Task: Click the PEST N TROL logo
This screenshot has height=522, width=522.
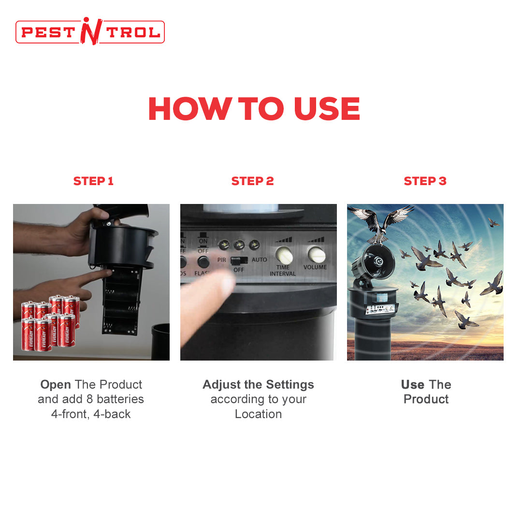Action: point(90,31)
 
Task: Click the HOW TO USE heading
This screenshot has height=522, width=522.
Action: point(254,109)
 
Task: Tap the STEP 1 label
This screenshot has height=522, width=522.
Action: point(94,181)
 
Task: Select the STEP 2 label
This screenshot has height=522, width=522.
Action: point(253,181)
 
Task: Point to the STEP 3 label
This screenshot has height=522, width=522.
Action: point(425,181)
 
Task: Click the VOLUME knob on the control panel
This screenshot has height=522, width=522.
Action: point(316,255)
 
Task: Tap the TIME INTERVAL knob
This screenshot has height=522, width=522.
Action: point(284,255)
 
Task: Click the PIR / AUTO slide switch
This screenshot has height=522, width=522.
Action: point(239,260)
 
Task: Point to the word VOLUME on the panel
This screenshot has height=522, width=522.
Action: point(315,267)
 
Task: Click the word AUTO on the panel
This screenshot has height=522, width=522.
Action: point(260,260)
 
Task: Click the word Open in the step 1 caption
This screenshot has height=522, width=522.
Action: point(56,385)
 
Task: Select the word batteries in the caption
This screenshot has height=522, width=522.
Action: point(120,399)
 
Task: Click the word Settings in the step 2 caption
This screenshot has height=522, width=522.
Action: point(290,385)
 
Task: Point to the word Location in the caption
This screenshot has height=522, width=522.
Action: point(258,414)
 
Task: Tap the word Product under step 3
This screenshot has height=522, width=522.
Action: point(426,399)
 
